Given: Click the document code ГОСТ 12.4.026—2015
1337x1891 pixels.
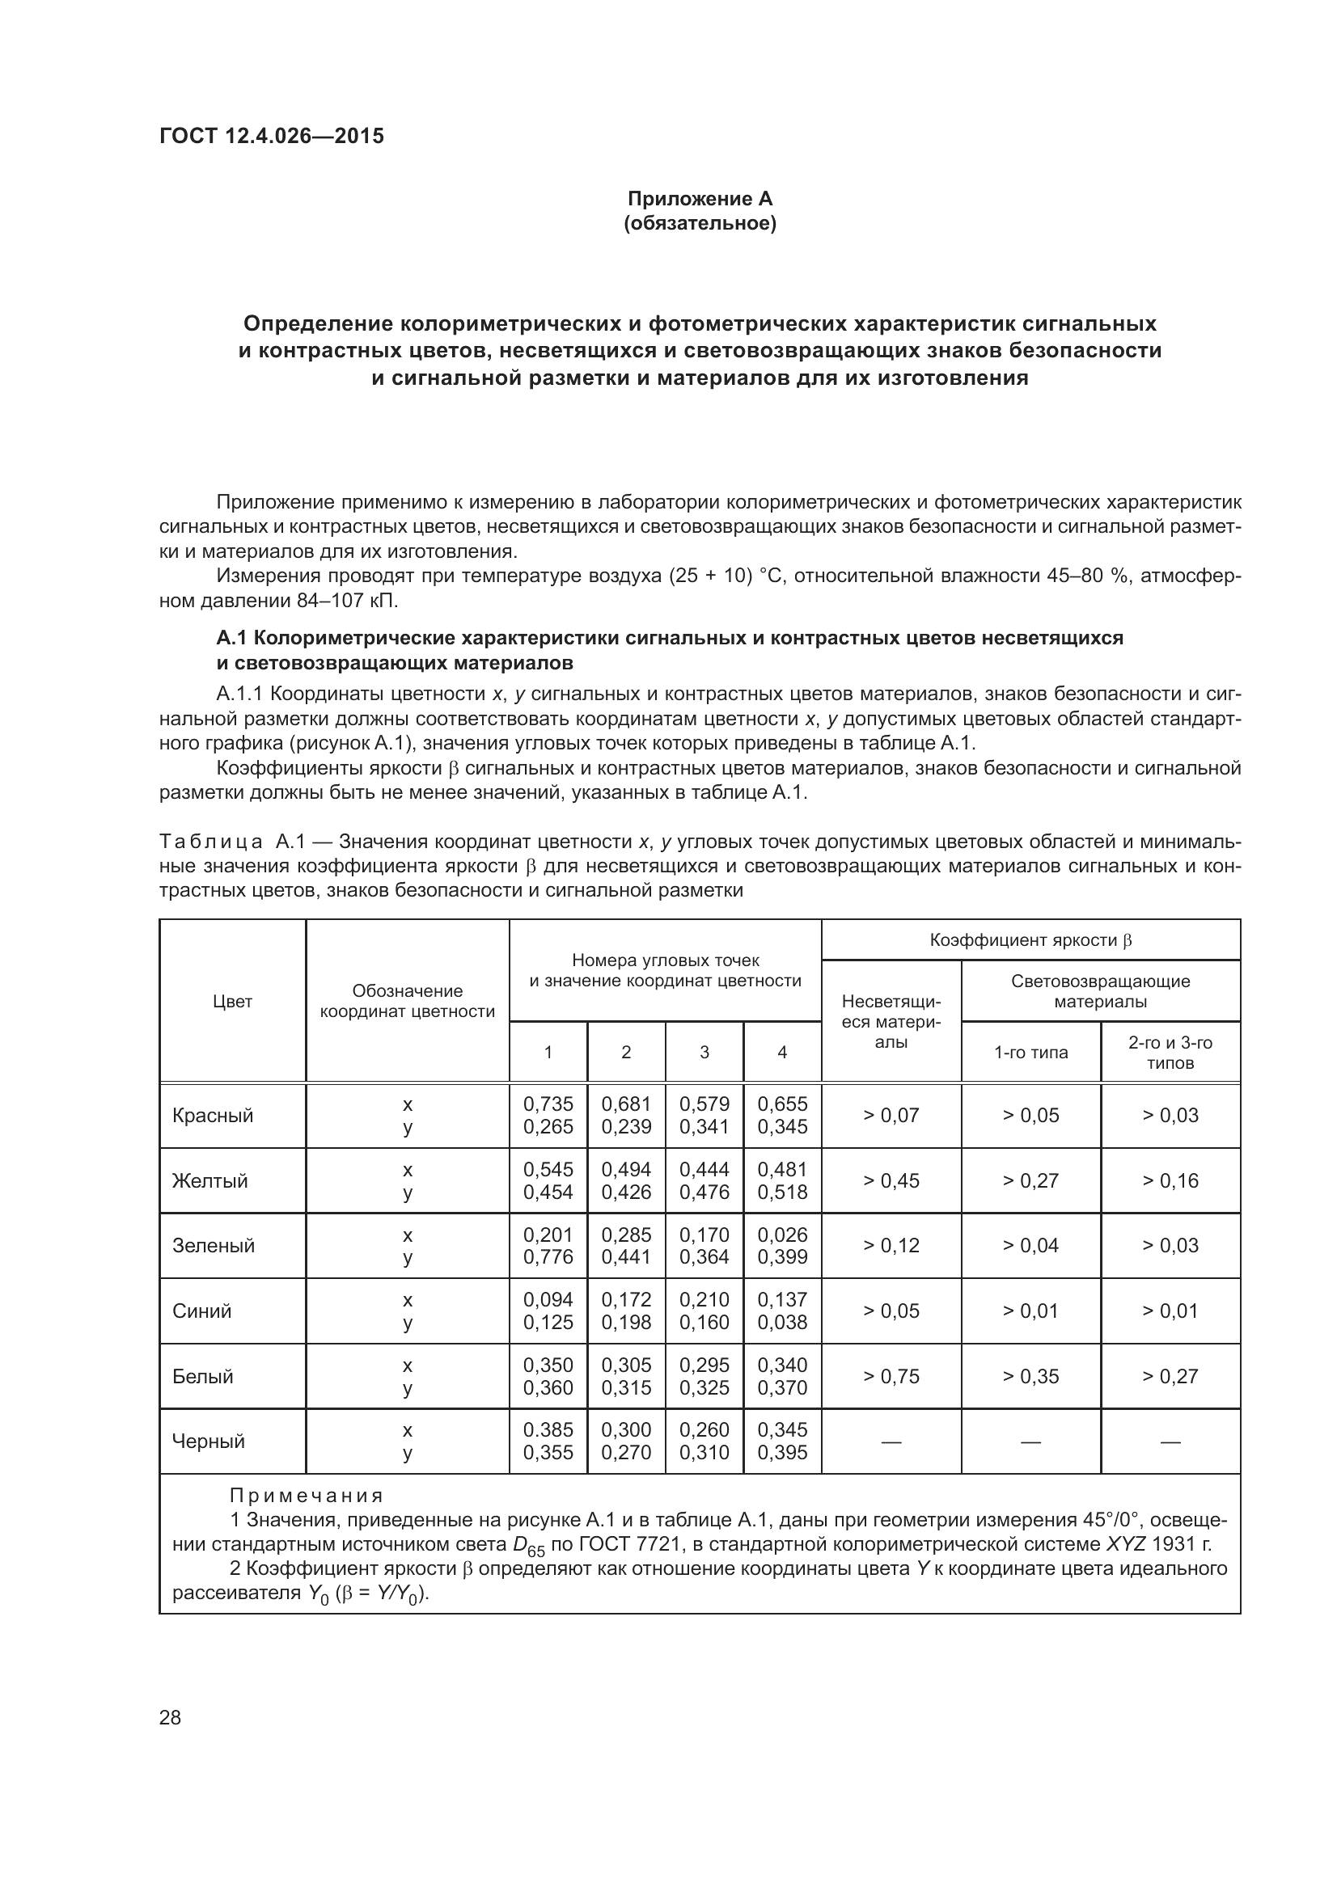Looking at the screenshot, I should [272, 136].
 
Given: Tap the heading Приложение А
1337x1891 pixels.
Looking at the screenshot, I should [700, 199].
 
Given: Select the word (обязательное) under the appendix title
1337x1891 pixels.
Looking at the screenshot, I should [700, 223].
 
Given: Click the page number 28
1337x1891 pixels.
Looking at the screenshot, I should [170, 1717].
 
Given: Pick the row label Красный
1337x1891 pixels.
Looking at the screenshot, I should [213, 1115].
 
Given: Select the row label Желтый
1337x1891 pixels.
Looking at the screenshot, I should [210, 1180].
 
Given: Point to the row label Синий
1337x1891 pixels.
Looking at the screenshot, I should [203, 1311].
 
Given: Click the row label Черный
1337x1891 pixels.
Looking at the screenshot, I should [209, 1441].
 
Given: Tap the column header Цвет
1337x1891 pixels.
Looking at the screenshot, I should [232, 1001].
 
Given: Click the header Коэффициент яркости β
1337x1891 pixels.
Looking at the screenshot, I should [1030, 939].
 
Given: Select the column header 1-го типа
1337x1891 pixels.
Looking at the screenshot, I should [1030, 1052].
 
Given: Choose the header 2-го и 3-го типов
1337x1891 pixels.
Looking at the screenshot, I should [1170, 1052].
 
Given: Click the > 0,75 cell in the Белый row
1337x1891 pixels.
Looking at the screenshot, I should [891, 1375].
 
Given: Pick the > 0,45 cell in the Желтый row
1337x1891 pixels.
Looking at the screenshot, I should [891, 1180].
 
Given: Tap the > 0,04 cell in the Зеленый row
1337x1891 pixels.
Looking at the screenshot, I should [1030, 1245].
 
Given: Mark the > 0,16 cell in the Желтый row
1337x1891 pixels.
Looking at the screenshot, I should [1170, 1180].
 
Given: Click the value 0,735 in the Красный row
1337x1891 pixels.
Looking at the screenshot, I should [548, 1104].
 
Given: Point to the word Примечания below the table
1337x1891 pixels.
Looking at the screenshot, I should [307, 1495].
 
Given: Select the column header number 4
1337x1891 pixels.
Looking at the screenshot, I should [782, 1052].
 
